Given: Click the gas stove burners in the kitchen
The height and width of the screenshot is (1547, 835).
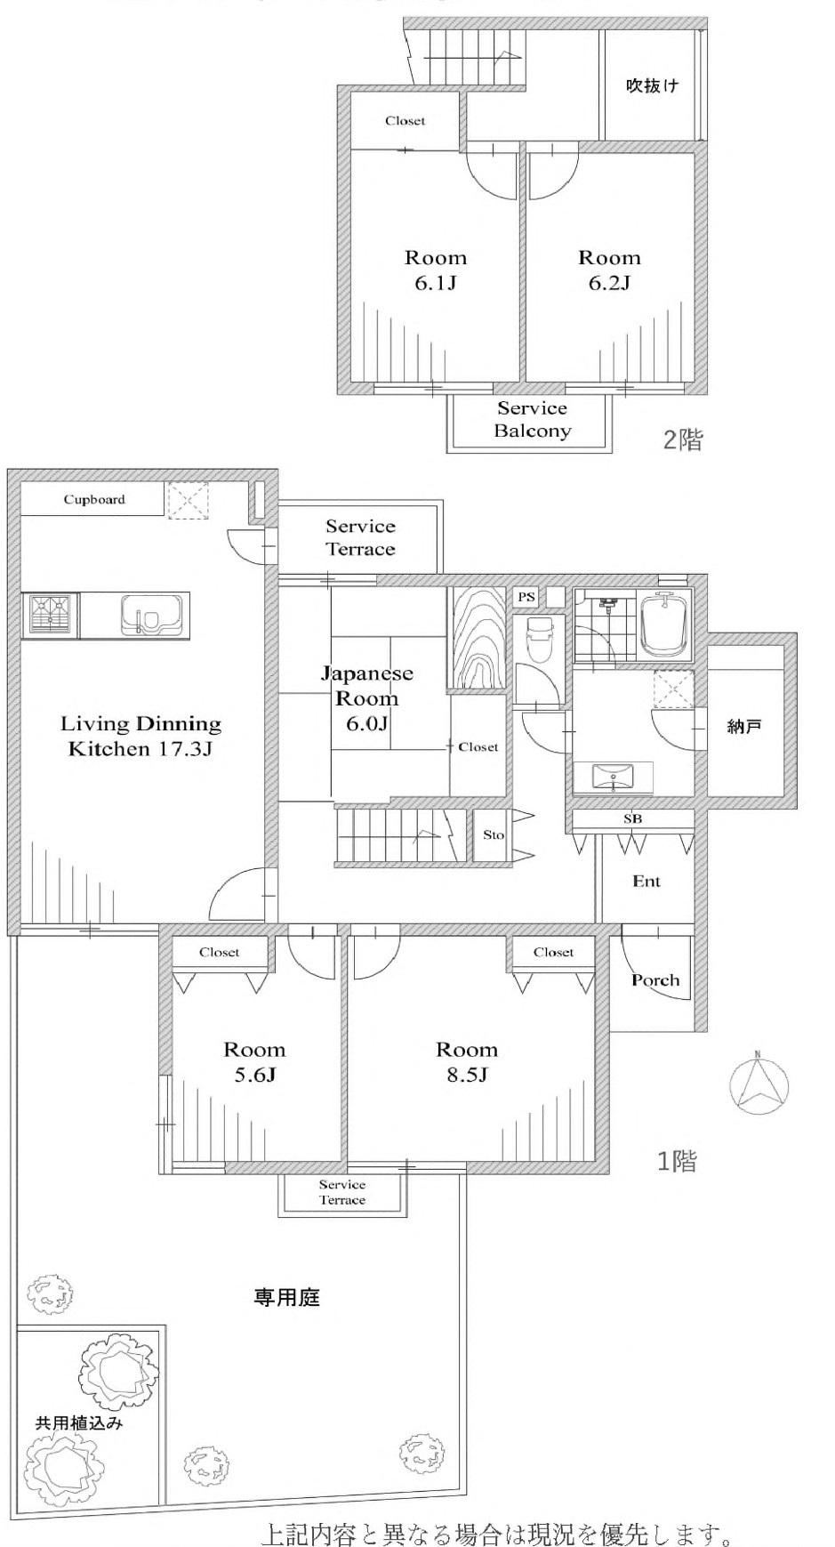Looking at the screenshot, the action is click(x=51, y=615).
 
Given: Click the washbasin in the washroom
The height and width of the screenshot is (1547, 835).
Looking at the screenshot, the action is click(x=614, y=778).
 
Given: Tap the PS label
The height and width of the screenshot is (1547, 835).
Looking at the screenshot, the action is click(x=526, y=597).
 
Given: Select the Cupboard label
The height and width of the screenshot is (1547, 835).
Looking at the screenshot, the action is click(x=94, y=499).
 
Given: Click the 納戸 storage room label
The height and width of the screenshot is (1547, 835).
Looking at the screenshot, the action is click(x=744, y=727).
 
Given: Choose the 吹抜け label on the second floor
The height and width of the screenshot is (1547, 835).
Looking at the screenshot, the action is click(x=653, y=85).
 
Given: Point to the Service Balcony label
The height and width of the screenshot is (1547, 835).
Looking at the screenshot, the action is click(x=533, y=420).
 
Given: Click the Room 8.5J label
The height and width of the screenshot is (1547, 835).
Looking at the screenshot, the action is click(x=467, y=1062).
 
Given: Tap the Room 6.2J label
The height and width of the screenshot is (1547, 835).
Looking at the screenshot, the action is click(x=609, y=270).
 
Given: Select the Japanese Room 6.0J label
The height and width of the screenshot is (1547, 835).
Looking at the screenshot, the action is click(x=366, y=697).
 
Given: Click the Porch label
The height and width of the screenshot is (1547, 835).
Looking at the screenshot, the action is click(x=655, y=980).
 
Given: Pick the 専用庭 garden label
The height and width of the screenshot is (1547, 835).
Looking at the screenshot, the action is click(x=286, y=1298).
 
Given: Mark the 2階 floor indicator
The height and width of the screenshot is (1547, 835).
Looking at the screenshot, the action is click(x=683, y=439).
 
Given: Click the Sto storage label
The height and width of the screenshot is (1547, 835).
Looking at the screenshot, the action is click(x=494, y=834).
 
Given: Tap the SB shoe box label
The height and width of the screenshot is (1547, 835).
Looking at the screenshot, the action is click(x=632, y=818).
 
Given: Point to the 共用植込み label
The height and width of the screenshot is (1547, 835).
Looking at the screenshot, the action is click(x=78, y=1422).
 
